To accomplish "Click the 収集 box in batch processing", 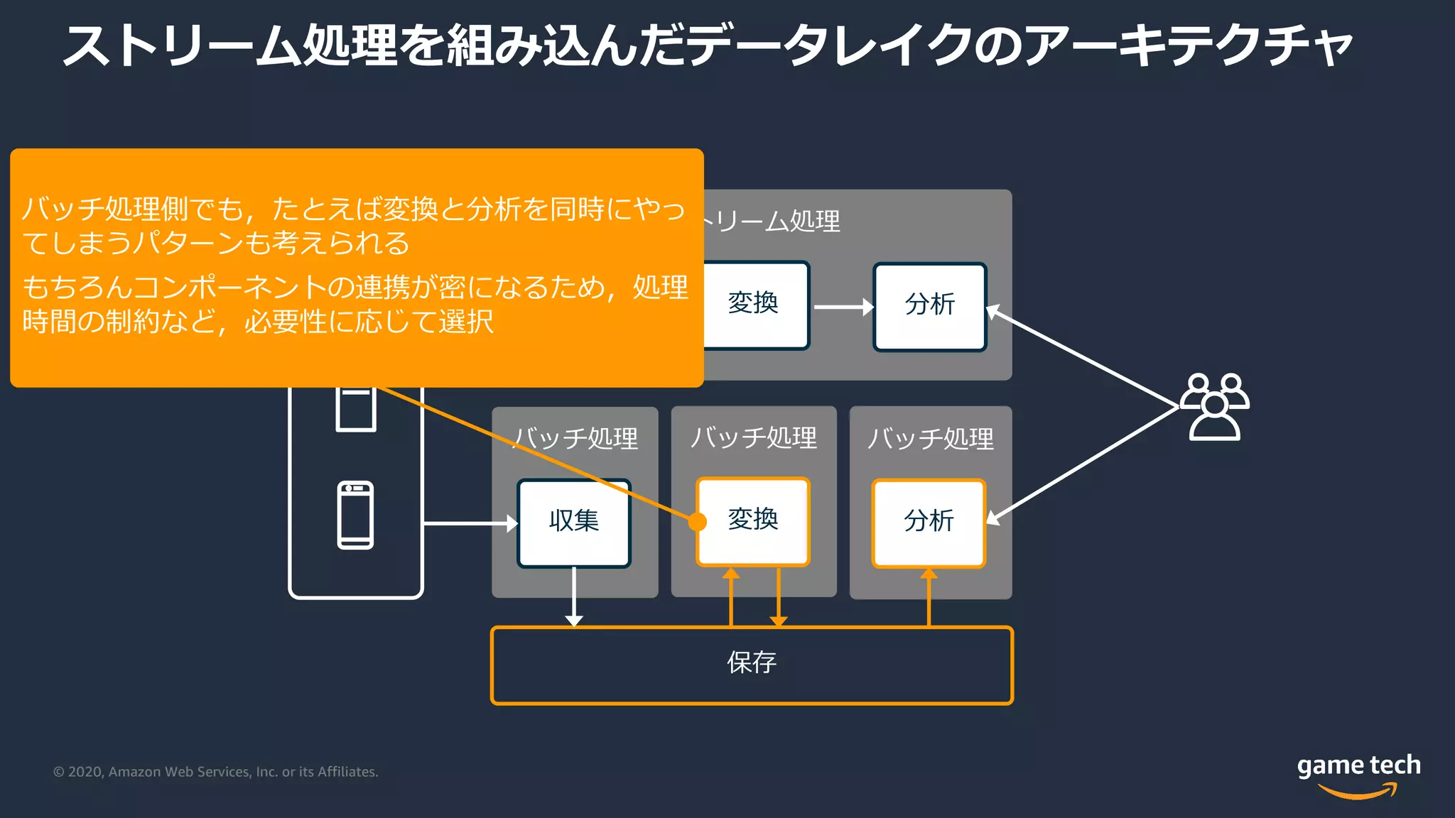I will coord(574,523).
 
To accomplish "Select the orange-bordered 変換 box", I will coord(753,521).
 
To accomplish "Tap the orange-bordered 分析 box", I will coord(929,523).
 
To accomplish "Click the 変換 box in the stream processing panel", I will coord(754,305).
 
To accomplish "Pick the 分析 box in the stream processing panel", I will coord(929,306).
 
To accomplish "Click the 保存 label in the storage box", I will coord(752,663).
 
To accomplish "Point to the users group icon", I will coord(1214,407).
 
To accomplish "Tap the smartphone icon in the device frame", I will coord(355,515).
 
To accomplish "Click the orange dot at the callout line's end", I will coord(698,522).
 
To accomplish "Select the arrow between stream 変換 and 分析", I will coord(843,307).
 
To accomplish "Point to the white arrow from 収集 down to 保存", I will coord(574,596).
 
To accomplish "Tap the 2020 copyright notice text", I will coord(215,772).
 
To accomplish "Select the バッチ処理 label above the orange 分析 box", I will coord(930,438).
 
